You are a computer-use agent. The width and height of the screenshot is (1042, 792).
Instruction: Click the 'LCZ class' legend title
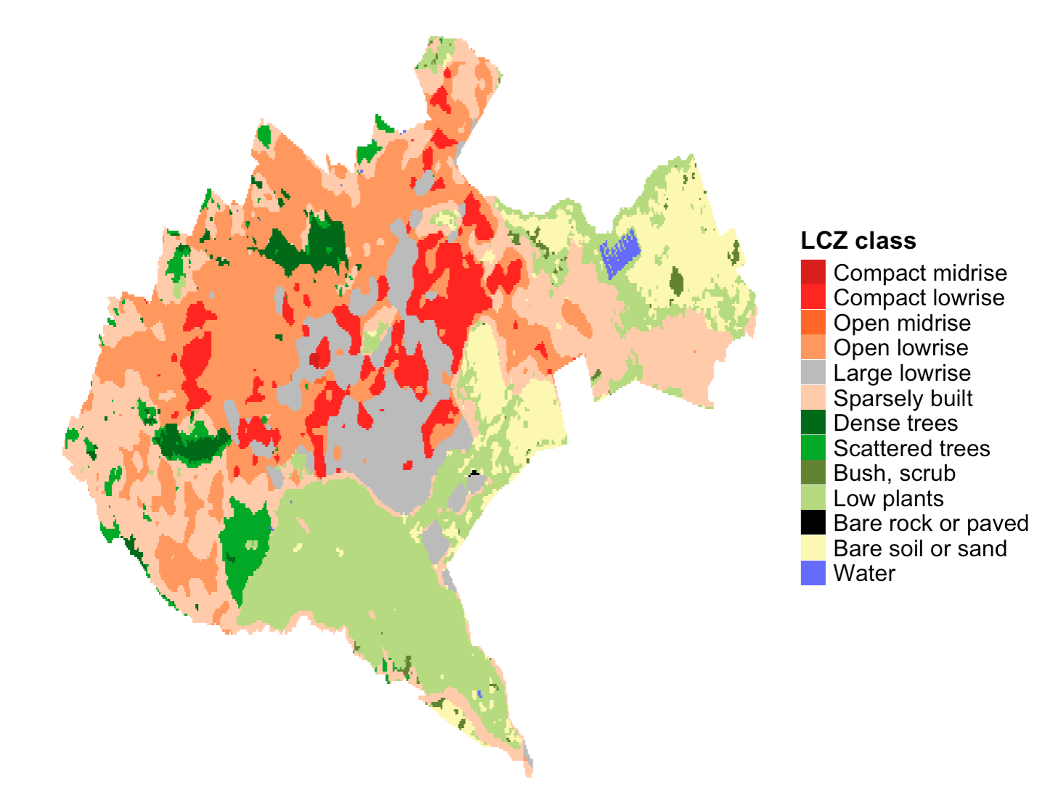click(858, 241)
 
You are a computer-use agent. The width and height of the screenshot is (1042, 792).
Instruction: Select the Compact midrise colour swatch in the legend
click(813, 273)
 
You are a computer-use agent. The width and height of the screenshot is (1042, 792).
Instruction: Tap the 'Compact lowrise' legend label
click(919, 298)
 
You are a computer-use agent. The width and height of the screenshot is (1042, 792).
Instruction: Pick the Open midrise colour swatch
click(813, 323)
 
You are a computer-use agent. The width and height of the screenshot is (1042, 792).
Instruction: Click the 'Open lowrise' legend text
click(901, 348)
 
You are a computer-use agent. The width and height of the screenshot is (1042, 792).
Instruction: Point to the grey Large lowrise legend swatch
click(813, 373)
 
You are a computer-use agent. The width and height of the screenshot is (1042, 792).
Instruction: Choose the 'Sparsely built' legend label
click(903, 398)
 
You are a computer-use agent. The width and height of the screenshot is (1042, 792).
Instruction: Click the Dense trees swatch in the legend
click(813, 423)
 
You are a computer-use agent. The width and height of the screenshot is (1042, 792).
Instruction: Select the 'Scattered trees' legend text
click(911, 448)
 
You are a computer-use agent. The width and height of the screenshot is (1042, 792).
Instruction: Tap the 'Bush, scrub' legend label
click(894, 474)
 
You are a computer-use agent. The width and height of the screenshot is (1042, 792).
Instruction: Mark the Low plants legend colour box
click(813, 498)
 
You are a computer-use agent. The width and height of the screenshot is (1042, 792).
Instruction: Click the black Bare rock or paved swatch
click(813, 523)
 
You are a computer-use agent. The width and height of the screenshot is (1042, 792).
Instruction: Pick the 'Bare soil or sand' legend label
click(919, 549)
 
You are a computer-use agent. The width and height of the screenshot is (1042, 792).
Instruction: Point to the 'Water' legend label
click(864, 574)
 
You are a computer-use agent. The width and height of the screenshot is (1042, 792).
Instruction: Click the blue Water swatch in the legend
click(813, 574)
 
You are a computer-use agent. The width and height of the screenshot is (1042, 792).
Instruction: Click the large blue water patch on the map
click(619, 252)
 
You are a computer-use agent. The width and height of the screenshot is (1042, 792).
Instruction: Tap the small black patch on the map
click(475, 474)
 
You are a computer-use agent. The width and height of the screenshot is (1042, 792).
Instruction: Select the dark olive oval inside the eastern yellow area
click(676, 281)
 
